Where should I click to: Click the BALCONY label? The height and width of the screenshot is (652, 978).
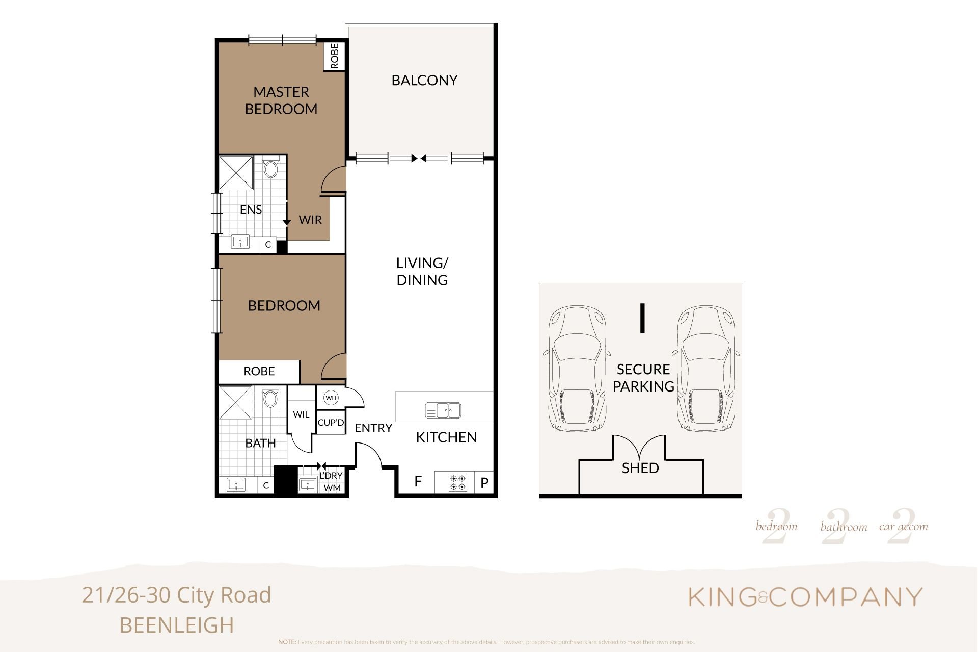coord(424,80)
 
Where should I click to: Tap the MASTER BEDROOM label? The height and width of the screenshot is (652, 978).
coord(281,100)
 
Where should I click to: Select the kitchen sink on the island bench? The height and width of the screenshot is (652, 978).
coord(443,410)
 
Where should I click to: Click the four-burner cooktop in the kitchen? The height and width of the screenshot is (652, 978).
coord(458,483)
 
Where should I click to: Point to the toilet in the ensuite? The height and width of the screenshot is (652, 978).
coord(271,168)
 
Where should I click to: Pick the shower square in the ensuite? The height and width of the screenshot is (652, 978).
coord(236,173)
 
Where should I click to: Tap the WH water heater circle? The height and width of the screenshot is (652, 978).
coord(331,398)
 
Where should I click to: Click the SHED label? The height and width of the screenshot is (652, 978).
coord(640,468)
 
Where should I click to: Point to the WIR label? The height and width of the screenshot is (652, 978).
coord(310,220)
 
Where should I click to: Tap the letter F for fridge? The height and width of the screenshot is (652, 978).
coord(418,481)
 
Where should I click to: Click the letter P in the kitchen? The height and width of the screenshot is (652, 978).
coord(484,482)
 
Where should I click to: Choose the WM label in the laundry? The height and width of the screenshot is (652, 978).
coord(332,488)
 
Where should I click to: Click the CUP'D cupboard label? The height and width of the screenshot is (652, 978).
coord(331,423)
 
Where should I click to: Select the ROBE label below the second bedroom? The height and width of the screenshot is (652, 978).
coord(259,371)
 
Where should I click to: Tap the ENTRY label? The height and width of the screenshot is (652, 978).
coord(373,428)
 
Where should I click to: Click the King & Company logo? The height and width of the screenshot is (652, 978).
coord(805,597)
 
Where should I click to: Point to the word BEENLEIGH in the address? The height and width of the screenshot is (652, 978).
coord(177,625)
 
